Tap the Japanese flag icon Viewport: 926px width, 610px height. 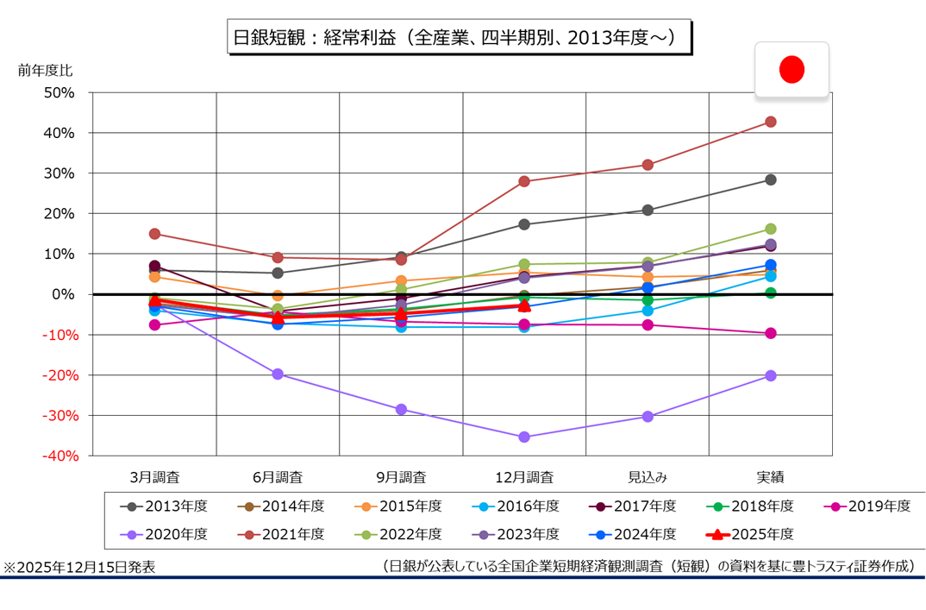(791, 70)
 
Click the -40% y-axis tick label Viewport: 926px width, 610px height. (57, 456)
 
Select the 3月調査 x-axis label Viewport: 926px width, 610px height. (155, 476)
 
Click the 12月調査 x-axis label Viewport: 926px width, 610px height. (524, 476)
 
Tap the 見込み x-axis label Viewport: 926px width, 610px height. (648, 476)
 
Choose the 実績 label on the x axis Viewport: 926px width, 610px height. (770, 476)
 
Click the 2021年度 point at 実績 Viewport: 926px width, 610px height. (771, 122)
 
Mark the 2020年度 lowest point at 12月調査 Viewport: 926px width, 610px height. (524, 437)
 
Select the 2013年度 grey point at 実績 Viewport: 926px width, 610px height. (771, 179)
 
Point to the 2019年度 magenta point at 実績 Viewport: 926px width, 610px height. (771, 333)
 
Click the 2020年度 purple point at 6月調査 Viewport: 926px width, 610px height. (278, 374)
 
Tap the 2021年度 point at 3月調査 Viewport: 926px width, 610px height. (155, 234)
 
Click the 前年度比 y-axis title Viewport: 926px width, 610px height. (41, 70)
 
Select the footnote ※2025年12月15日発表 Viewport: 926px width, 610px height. (80, 567)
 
